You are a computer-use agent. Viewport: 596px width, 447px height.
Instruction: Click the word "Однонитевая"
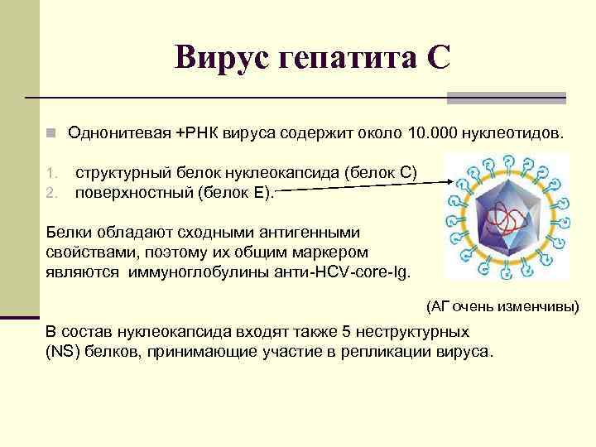(x=119, y=132)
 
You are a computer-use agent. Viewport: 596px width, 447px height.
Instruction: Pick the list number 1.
(x=50, y=173)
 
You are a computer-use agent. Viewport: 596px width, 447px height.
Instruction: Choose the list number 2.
(x=50, y=194)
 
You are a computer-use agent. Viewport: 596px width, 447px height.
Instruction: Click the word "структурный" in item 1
(x=123, y=173)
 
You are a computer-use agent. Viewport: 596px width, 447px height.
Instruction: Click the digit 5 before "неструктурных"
(x=346, y=331)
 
